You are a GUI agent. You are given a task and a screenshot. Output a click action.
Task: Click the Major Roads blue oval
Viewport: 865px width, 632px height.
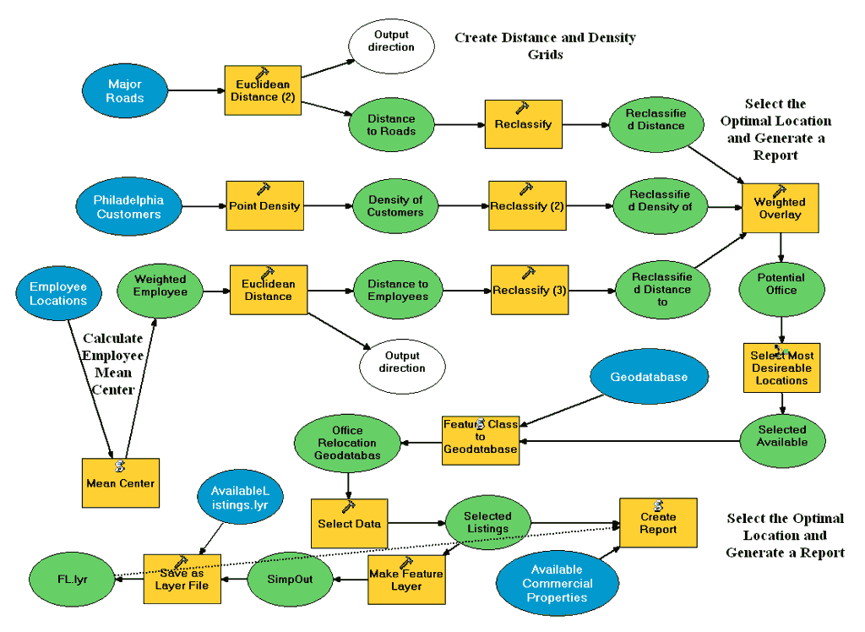pos(124,91)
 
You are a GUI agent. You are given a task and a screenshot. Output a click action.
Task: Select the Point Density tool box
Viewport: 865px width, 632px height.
pos(264,205)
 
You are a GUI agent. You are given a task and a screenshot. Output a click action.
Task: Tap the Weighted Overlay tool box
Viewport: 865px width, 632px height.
pos(780,208)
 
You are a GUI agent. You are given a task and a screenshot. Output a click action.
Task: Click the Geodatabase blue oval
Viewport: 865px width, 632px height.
pos(649,377)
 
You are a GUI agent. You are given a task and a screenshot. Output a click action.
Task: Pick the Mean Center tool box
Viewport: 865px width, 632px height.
pos(120,483)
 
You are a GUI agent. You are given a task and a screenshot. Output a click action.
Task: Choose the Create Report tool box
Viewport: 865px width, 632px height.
pos(658,522)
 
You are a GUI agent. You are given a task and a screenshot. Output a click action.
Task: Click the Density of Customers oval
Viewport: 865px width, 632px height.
pos(394,206)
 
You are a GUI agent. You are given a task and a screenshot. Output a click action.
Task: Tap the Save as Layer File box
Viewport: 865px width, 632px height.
pos(182,579)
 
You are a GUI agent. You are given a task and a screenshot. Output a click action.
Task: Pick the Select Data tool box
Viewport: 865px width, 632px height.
pos(349,523)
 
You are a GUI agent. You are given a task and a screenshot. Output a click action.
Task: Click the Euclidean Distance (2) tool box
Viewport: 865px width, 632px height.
pos(263,90)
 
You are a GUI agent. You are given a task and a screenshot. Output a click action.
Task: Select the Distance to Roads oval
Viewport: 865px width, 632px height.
pos(391,125)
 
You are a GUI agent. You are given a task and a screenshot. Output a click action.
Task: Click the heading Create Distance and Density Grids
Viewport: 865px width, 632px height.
pos(545,46)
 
